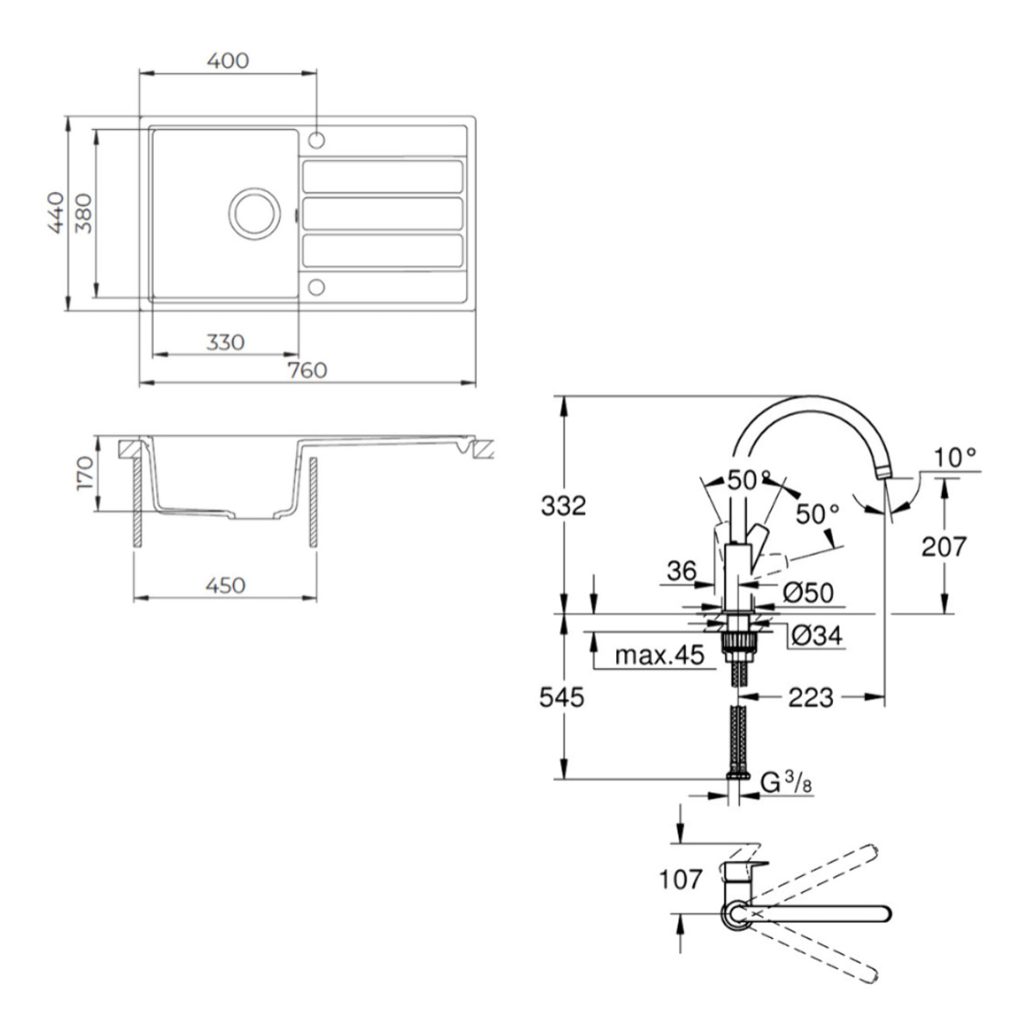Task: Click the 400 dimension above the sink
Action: (228, 61)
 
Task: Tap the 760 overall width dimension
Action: (307, 370)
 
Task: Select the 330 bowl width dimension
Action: (225, 343)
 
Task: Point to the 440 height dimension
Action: (56, 213)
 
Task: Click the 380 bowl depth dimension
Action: (83, 214)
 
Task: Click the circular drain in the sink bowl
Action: (254, 214)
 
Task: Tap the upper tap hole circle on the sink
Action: (316, 141)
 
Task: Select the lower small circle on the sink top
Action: (316, 287)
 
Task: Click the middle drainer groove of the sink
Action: (382, 214)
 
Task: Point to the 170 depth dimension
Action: (85, 473)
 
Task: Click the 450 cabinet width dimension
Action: (225, 585)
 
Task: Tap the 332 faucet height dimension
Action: (563, 506)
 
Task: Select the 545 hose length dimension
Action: (561, 698)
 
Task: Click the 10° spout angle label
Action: (955, 458)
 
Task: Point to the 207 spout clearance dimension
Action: (944, 547)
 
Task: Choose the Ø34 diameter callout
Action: (817, 637)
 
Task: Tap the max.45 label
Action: (659, 655)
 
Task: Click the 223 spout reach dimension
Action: (811, 698)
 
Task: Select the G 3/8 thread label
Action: (786, 783)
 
